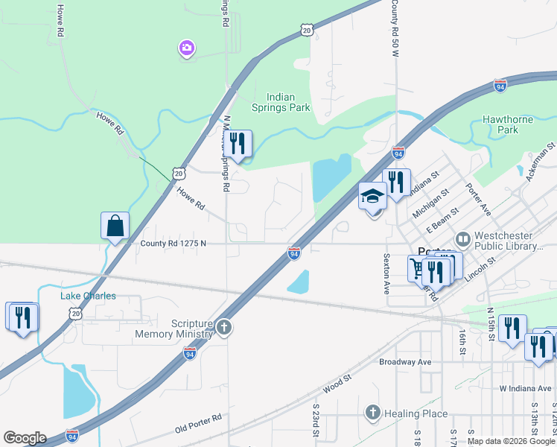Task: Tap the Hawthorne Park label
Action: point(510,124)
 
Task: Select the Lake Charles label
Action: point(88,296)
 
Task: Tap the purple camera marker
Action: point(186,49)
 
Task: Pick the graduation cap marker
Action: point(372,196)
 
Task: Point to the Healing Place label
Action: point(416,413)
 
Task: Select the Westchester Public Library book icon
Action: point(463,239)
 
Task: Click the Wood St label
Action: point(337,384)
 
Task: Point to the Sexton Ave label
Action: point(387,273)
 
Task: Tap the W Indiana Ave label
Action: point(525,388)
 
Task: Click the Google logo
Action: point(25,438)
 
